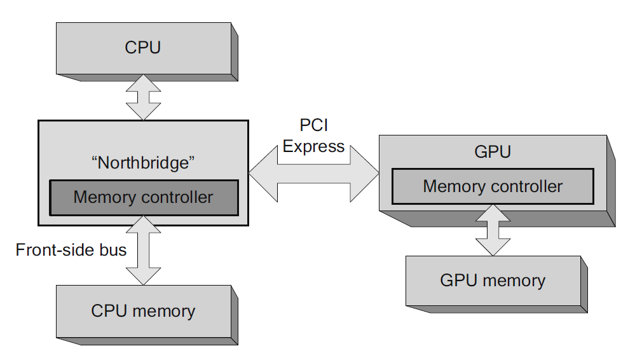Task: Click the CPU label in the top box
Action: coord(142,47)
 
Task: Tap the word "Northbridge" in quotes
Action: coord(143,162)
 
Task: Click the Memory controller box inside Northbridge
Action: coord(144,197)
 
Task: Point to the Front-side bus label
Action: coord(71,249)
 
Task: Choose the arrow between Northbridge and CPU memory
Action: coord(144,251)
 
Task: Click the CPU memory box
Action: coord(143,311)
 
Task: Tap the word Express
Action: coord(313,146)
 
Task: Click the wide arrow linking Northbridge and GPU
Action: coord(313,173)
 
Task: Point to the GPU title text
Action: coord(493,152)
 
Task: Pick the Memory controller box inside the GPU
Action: coord(493,186)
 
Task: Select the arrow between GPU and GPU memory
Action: coord(493,230)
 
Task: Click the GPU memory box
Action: coord(493,280)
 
